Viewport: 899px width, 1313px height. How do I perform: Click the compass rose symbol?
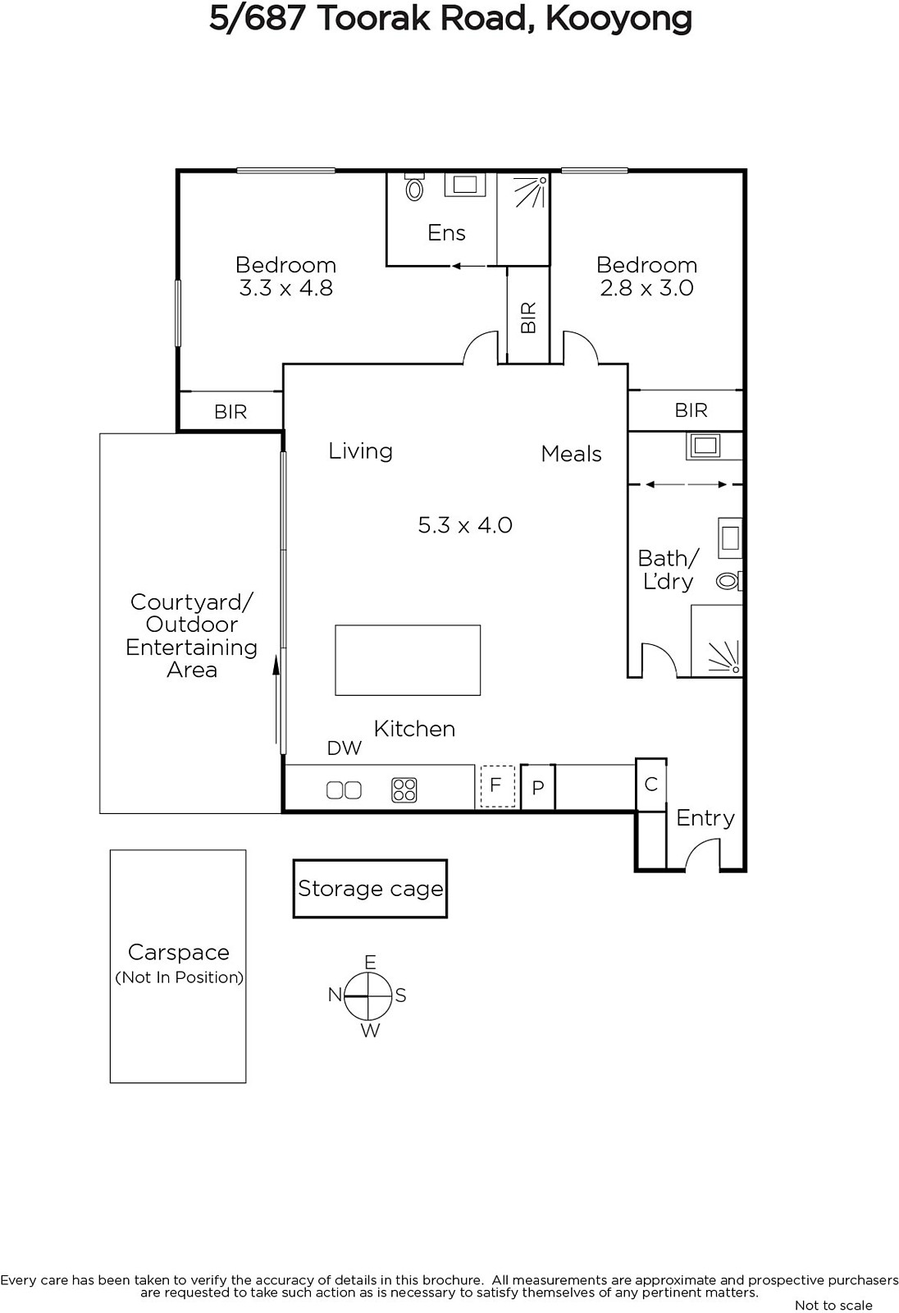(367, 996)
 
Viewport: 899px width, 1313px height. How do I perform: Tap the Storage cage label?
(371, 889)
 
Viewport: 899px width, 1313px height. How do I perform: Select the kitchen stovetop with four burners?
(404, 789)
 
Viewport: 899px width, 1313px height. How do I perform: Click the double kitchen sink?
(344, 790)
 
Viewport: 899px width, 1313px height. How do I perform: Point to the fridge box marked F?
(498, 786)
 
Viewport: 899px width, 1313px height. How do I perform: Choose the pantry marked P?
(537, 787)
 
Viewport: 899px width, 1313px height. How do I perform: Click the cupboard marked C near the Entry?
(651, 785)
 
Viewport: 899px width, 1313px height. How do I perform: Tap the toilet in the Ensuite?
(414, 187)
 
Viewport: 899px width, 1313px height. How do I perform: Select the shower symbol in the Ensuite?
(532, 191)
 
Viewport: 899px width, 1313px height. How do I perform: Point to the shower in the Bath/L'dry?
(724, 656)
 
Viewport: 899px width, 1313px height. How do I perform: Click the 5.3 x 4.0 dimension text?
(465, 525)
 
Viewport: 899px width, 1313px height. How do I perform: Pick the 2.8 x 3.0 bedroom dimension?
(646, 288)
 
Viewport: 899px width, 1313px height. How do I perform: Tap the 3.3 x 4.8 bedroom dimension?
(286, 288)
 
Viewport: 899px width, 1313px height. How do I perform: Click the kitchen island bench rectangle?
(408, 660)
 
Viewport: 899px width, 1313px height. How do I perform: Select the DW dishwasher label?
(344, 748)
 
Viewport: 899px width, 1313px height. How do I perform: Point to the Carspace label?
(179, 953)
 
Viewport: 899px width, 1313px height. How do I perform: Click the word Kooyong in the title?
(618, 20)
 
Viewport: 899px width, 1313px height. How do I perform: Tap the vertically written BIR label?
(528, 318)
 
